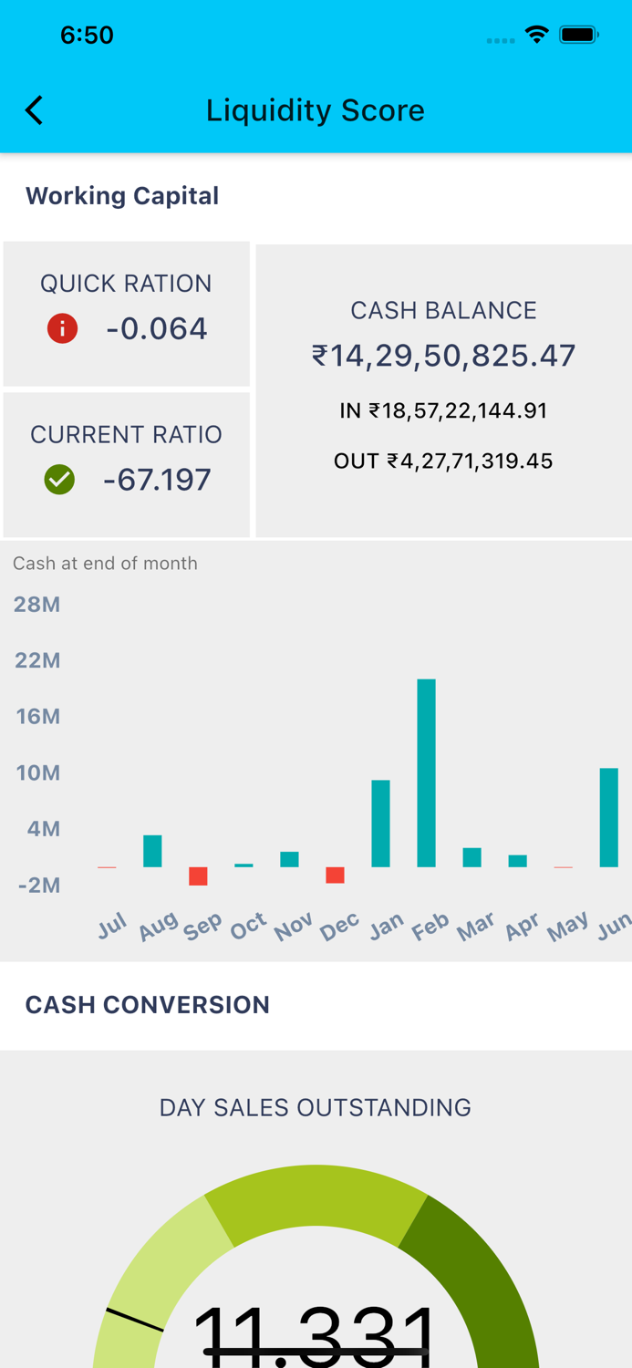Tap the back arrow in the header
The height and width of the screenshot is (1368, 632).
click(35, 110)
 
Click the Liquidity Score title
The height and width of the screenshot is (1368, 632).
click(316, 110)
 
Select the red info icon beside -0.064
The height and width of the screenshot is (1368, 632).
click(62, 328)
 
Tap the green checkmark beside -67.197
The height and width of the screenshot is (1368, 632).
click(59, 480)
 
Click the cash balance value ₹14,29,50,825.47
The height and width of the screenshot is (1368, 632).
click(443, 355)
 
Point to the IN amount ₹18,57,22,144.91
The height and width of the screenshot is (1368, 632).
click(443, 410)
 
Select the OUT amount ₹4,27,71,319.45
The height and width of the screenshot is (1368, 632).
click(443, 461)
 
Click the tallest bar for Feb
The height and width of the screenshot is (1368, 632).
click(426, 772)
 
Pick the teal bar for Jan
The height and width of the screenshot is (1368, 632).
click(380, 824)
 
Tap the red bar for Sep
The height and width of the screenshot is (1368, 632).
click(198, 876)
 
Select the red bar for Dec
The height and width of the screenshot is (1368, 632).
click(335, 876)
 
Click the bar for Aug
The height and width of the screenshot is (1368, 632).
click(152, 851)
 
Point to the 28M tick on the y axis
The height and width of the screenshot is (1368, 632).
click(37, 604)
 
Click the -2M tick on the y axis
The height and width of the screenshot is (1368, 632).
click(38, 885)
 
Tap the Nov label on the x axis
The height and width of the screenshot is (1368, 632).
click(294, 927)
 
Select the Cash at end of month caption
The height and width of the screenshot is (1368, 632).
click(105, 563)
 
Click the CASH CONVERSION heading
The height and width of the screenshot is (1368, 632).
click(148, 1004)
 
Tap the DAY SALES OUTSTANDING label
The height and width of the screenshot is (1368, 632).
click(316, 1107)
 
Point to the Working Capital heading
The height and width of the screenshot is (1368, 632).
click(122, 195)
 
